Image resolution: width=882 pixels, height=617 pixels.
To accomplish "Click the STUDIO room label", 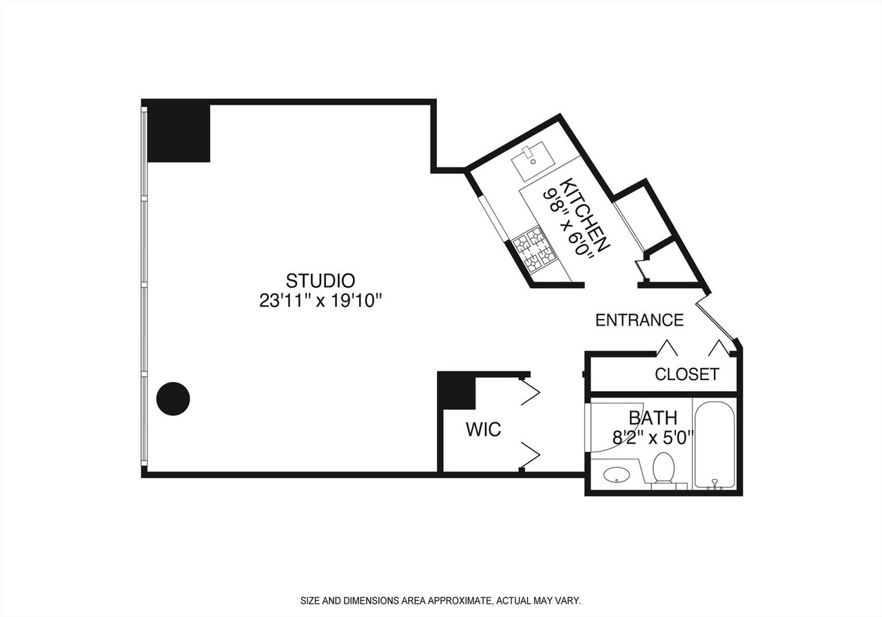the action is pos(320,280).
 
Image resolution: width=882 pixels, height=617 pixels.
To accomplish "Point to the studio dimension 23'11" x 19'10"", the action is pos(320,302).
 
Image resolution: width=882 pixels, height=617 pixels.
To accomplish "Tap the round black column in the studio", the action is pos(173,399).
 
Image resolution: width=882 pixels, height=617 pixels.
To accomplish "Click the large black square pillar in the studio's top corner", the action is pos(178,134).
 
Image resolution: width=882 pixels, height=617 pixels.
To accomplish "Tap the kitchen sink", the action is pos(533,160).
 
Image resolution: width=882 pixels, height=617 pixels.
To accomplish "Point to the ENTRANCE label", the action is pos(639,320).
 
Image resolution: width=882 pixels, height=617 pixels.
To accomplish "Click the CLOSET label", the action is pos(687,374).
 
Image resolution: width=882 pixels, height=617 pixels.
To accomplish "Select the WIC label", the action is pos(483,429).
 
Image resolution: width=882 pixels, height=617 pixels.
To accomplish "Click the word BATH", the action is pos(653,418).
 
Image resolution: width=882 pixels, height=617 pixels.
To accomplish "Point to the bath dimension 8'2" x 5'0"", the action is pos(653,437).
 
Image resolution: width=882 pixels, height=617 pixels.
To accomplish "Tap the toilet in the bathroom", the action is pos(664,470).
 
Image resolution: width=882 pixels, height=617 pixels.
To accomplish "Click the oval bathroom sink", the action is pos(616,474).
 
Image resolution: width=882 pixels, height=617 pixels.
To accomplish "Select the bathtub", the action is pos(715,445).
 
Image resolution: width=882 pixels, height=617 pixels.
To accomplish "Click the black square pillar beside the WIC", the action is pos(457,390).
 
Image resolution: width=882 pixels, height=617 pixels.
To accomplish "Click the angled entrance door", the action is pos(715,321).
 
